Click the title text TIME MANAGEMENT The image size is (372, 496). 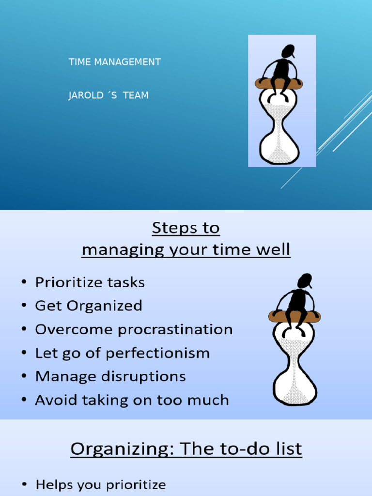point(114,62)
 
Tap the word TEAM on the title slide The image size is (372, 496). point(136,95)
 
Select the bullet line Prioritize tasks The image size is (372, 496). point(90,282)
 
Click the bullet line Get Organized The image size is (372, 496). point(89,306)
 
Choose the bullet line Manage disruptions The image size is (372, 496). point(110,376)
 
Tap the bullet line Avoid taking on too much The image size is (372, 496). point(132,400)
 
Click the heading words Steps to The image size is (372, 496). point(186,228)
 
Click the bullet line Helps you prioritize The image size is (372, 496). point(101,484)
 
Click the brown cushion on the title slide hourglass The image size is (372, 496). point(279,83)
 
